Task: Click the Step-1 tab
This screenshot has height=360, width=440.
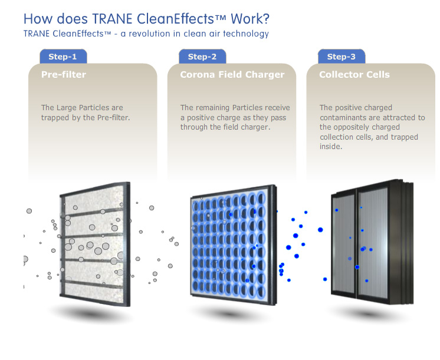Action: (63, 57)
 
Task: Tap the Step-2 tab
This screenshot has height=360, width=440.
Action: (202, 57)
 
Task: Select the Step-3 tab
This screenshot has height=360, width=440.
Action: (342, 57)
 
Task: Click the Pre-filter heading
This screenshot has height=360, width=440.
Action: (64, 75)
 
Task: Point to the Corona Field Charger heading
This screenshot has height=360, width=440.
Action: (232, 75)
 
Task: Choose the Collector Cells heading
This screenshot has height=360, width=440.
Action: (354, 75)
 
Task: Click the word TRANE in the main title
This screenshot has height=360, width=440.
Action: (112, 19)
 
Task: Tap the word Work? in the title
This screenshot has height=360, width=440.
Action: (249, 19)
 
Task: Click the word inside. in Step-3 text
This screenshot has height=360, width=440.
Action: (331, 146)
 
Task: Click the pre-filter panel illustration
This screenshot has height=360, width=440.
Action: (94, 244)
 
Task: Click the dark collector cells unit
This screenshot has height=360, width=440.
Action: (372, 242)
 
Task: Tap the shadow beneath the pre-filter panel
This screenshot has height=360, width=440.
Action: (90, 314)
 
